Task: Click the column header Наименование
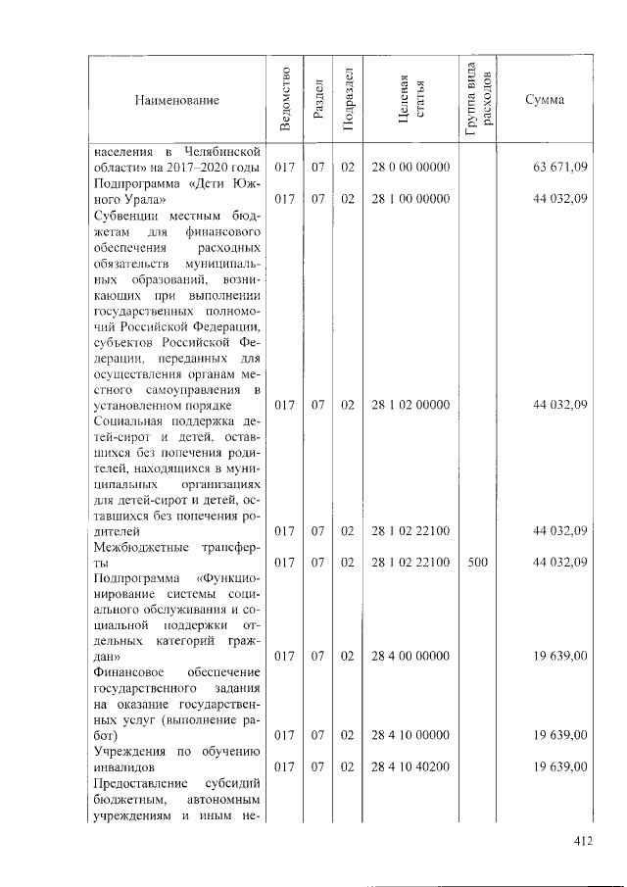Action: coord(177,100)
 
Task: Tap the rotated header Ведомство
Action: coord(285,99)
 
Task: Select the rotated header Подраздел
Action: coord(348,99)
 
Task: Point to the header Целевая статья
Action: coord(410,99)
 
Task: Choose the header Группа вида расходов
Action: coord(477,99)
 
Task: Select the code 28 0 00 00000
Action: coord(410,168)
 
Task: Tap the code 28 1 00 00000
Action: coord(410,199)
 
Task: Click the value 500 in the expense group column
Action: coord(477,563)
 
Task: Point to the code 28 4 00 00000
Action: coord(410,657)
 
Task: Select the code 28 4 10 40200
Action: coord(410,766)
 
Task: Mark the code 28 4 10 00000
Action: coord(410,735)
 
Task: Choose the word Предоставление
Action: coord(144,783)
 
